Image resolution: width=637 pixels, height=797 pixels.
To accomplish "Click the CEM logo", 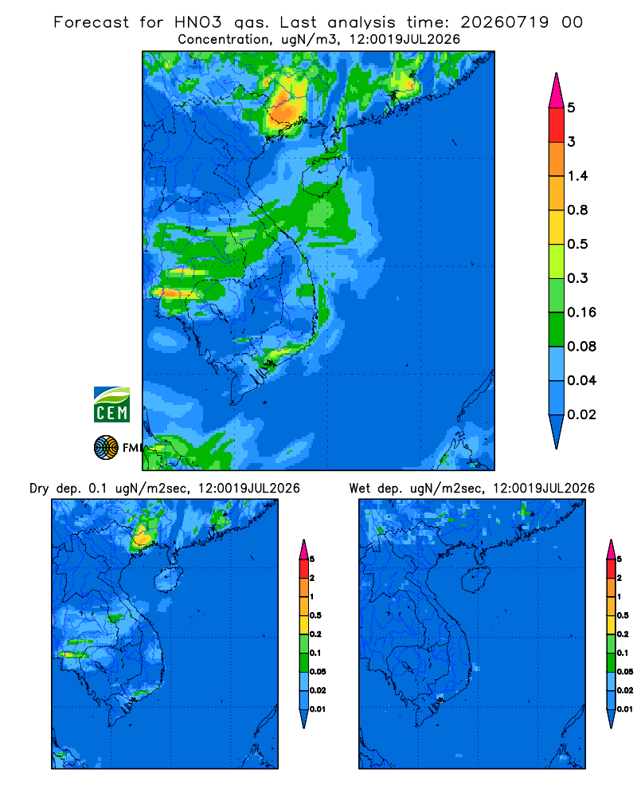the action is pyautogui.click(x=111, y=404).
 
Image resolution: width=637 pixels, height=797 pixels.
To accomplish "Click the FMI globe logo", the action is pyautogui.click(x=106, y=448).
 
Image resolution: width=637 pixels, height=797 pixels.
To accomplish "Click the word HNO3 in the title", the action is pyautogui.click(x=197, y=22).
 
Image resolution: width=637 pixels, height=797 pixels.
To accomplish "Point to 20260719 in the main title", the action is pyautogui.click(x=504, y=22).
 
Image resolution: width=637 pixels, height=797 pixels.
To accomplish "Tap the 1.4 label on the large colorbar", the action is pyautogui.click(x=577, y=176).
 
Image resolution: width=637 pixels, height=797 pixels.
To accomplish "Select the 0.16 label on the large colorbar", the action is pyautogui.click(x=581, y=312).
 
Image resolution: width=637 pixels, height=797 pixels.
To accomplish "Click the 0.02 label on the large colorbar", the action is pyautogui.click(x=581, y=414).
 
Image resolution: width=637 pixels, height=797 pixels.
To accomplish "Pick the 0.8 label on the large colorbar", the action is pyautogui.click(x=577, y=210).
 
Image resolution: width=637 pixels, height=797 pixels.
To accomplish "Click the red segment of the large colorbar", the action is pyautogui.click(x=557, y=125).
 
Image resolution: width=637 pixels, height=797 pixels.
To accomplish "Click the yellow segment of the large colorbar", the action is pyautogui.click(x=557, y=227).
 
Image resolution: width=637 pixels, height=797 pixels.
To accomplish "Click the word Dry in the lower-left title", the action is pyautogui.click(x=39, y=489).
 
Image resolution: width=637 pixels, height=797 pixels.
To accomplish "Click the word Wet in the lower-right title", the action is pyautogui.click(x=360, y=489).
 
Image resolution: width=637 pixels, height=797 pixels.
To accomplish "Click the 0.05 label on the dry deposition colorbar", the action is pyautogui.click(x=318, y=671).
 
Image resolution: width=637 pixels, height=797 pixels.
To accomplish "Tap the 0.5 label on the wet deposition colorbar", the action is pyautogui.click(x=623, y=615).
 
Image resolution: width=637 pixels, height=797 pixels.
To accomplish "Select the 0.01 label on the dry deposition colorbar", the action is pyautogui.click(x=318, y=709).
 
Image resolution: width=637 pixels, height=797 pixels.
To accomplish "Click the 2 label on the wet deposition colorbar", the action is pyautogui.click(x=619, y=578).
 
